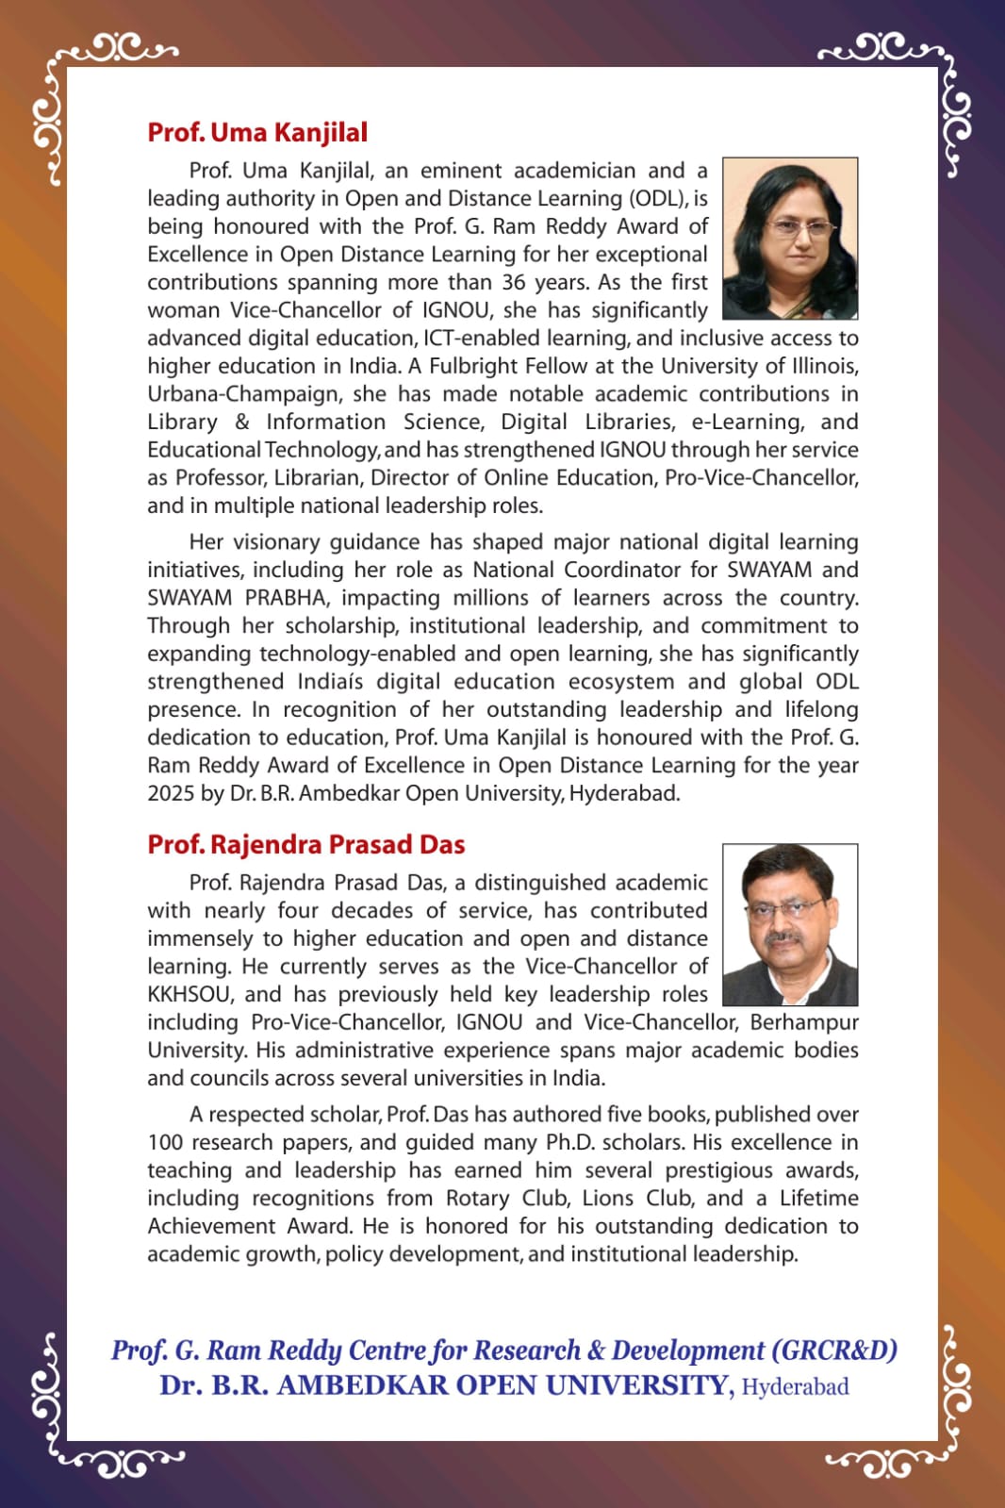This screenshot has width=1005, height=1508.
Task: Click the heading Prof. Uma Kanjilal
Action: pos(257,132)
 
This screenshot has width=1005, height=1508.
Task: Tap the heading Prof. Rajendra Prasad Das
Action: pos(306,844)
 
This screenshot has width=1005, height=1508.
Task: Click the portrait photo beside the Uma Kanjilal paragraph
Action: pos(790,239)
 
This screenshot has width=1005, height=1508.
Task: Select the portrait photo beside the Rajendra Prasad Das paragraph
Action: pos(790,924)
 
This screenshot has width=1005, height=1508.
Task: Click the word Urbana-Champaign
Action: pos(235,394)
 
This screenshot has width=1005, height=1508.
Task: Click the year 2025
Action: pos(171,793)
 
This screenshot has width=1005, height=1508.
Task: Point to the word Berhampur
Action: pos(804,1022)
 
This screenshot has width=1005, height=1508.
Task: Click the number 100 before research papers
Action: pos(165,1142)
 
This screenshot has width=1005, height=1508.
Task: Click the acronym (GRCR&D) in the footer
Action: pos(834,1351)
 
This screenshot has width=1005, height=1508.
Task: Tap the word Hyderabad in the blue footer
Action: pos(796,1386)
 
